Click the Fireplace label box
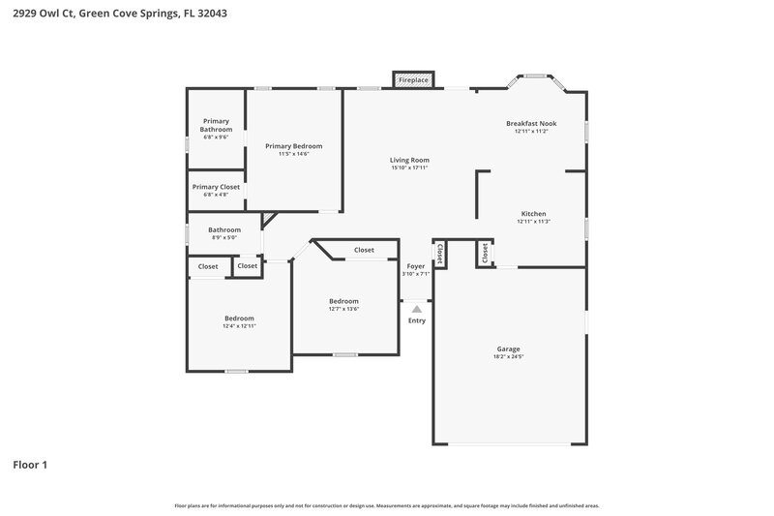tap(413, 79)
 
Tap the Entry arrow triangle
tap(416, 308)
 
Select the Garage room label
tap(508, 349)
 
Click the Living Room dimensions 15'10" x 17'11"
tap(409, 167)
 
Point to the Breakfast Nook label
tap(531, 123)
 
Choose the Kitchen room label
tap(534, 213)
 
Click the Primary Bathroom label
tap(216, 125)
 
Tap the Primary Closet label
tap(216, 187)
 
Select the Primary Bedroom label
tap(294, 146)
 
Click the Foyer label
tap(416, 265)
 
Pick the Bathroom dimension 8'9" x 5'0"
tap(223, 238)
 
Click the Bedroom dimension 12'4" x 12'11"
tap(239, 326)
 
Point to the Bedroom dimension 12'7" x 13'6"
tap(343, 309)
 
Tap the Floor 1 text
tap(30, 465)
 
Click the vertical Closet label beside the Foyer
tap(439, 253)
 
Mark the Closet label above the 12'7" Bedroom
tap(364, 250)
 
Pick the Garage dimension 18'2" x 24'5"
tap(508, 357)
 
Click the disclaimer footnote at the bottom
tap(386, 505)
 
